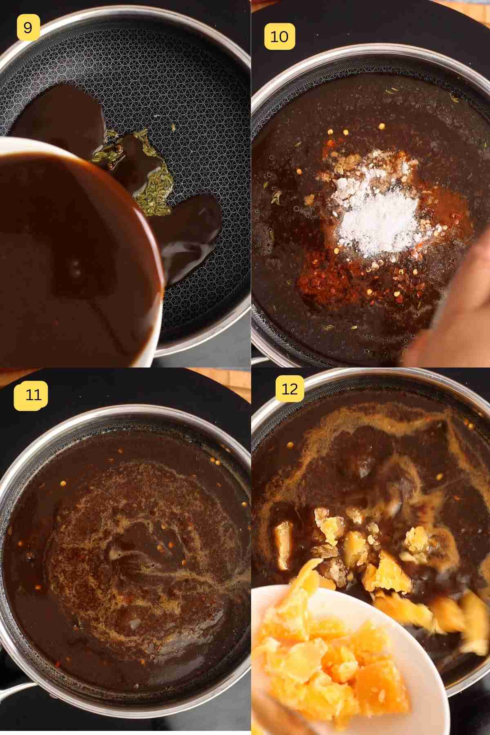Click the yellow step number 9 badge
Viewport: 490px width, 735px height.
[27, 28]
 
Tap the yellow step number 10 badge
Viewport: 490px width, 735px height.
[280, 37]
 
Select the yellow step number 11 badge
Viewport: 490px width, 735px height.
[31, 395]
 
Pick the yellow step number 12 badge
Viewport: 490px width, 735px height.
[290, 389]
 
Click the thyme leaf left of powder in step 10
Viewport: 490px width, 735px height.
[276, 199]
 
